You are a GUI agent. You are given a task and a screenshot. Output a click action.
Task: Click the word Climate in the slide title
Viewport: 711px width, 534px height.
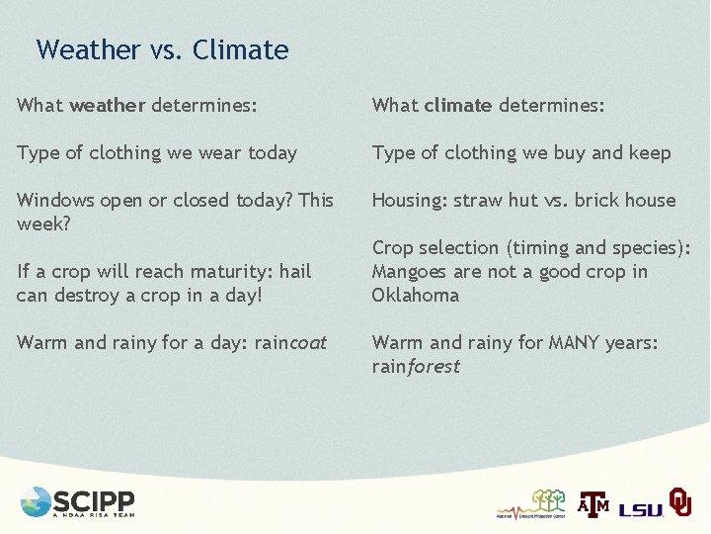coord(241,49)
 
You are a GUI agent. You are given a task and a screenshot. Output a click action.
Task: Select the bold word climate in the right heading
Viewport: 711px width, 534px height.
coord(458,105)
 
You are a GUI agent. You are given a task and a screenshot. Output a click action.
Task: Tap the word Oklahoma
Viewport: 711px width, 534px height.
coord(416,295)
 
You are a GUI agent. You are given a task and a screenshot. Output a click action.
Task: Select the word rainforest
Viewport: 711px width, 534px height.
coord(416,366)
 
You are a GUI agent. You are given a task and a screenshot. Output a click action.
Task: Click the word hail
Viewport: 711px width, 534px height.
coord(293,271)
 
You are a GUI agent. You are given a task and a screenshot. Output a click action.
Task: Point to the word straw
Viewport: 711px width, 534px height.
coord(478,200)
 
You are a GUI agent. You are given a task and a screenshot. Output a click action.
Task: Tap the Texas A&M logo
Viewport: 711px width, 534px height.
coord(593,503)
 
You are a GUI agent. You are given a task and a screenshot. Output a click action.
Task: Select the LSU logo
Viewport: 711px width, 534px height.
coord(641,508)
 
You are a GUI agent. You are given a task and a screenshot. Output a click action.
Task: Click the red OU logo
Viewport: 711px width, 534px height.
coord(679,501)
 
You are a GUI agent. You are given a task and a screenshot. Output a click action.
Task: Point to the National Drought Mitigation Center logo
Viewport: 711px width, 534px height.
coord(532,504)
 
